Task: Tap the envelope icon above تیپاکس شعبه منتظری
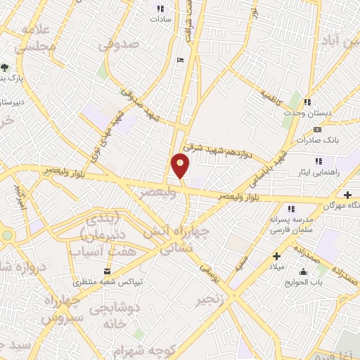click(x=107, y=271)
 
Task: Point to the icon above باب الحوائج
click(x=303, y=272)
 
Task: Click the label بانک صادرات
click(x=318, y=140)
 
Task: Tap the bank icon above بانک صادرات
click(x=317, y=129)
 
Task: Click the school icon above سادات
click(x=160, y=9)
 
